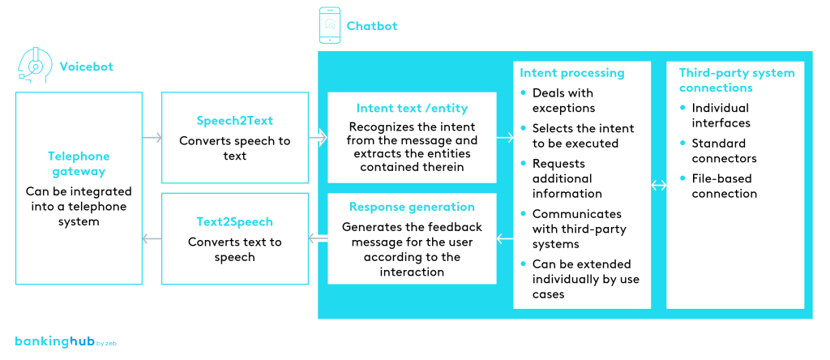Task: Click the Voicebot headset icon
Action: tap(34, 65)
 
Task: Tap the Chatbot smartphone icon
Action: tap(330, 25)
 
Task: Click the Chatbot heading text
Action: tap(372, 26)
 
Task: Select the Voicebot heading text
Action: tap(85, 66)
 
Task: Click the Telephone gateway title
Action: tap(79, 164)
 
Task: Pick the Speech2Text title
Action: tap(234, 121)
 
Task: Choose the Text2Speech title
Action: tap(234, 221)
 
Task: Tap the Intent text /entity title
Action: tap(412, 108)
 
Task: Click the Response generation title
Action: tap(412, 207)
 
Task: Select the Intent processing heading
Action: tap(571, 73)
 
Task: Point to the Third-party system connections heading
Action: tap(736, 80)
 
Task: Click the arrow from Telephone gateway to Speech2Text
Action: tap(152, 138)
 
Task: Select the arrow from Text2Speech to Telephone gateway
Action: tap(152, 238)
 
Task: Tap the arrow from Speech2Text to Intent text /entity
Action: tap(318, 138)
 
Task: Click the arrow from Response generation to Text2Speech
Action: tap(318, 238)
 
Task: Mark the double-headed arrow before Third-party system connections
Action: tap(658, 186)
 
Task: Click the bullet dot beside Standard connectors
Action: tap(683, 144)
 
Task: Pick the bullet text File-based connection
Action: tap(724, 186)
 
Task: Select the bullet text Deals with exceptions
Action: tap(563, 101)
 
